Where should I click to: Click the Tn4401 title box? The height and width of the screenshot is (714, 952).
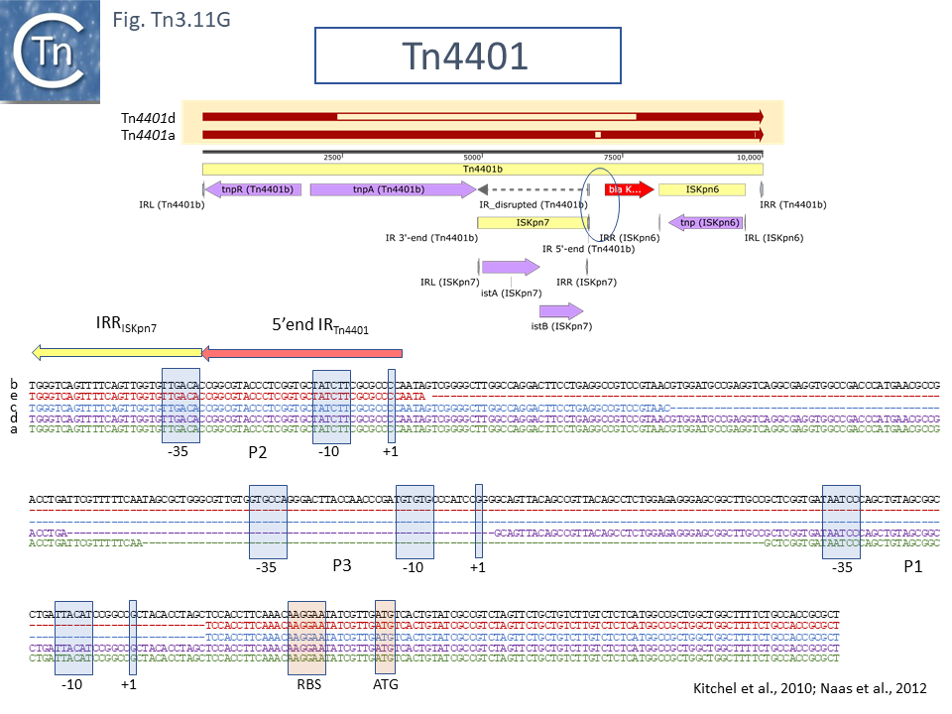coord(467,56)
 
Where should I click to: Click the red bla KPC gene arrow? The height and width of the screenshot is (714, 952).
coord(629,188)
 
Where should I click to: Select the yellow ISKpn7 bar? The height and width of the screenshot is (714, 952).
coord(533,223)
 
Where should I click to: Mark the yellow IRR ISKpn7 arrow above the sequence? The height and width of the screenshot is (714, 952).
coord(117,351)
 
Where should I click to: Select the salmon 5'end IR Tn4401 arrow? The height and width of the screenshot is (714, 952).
coord(302,351)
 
